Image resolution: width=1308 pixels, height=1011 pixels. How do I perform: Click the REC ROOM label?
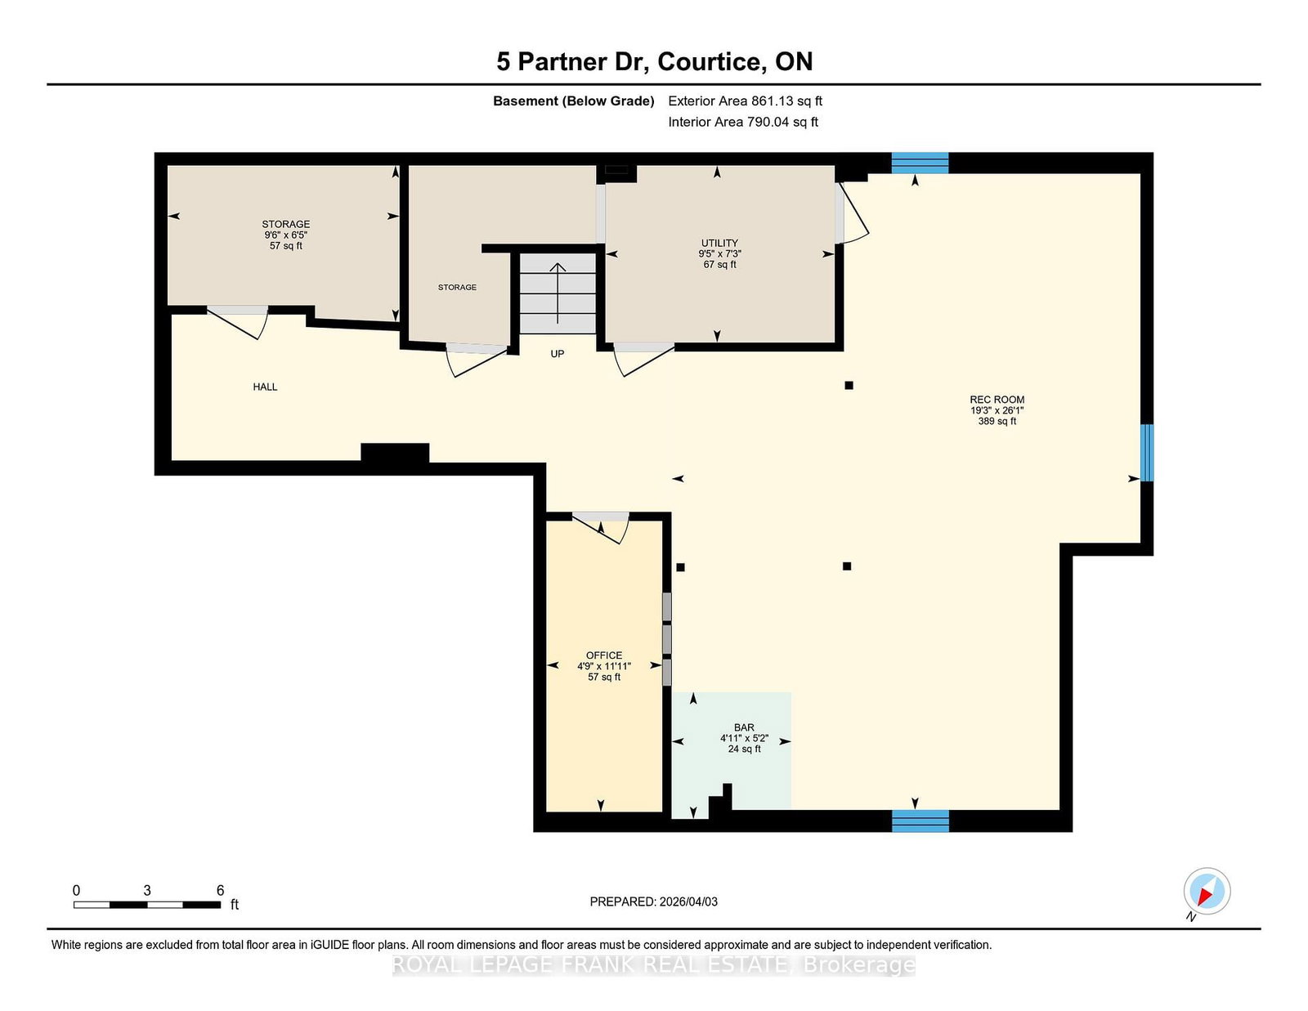997,400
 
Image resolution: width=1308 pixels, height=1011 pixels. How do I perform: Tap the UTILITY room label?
719,243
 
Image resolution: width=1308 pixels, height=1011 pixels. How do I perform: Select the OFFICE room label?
604,655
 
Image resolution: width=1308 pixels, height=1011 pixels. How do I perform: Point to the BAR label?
744,727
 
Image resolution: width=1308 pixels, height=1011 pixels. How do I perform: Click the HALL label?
265,387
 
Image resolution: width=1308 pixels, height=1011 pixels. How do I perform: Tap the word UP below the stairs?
558,354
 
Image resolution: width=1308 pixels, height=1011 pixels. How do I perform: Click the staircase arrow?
558,293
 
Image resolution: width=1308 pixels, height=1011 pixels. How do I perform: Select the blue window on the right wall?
1147,453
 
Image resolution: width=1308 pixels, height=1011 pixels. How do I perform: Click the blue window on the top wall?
920,163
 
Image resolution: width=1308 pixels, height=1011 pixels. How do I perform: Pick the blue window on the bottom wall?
920,821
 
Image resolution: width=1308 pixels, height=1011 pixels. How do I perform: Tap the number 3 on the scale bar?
147,890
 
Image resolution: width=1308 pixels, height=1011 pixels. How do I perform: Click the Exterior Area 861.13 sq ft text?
745,101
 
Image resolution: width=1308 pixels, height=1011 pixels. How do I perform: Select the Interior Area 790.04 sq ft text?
743,122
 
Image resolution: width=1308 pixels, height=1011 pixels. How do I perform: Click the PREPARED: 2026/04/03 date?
654,901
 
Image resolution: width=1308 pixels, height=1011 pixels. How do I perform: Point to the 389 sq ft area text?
997,421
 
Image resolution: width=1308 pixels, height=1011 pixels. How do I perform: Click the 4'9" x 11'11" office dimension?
604,666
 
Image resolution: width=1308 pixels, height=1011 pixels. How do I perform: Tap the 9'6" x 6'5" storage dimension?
286,235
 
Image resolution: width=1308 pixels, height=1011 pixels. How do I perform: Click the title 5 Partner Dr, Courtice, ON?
654,61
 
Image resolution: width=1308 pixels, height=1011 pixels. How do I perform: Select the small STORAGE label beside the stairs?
457,288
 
